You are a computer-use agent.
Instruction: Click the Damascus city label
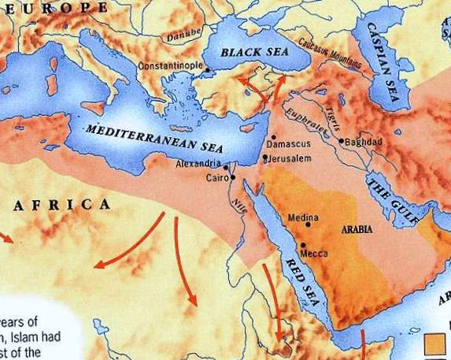289,146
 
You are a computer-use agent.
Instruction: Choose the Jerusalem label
290,158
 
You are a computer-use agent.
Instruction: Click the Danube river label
180,35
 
